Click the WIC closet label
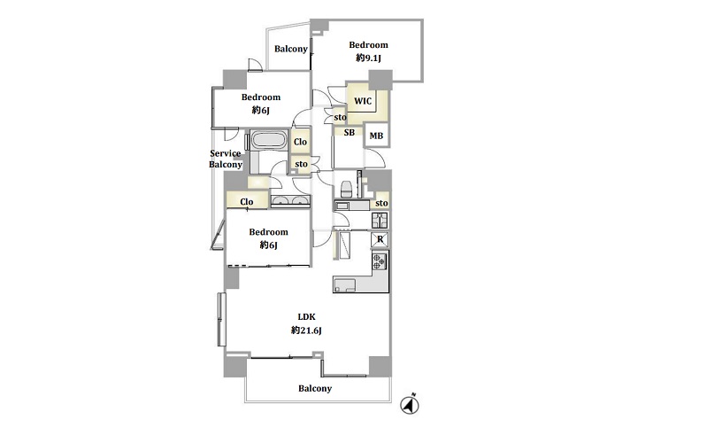click(x=363, y=101)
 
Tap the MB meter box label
click(x=376, y=136)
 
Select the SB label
click(x=349, y=132)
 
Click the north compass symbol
click(x=410, y=404)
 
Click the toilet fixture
click(x=346, y=189)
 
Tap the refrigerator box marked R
click(x=380, y=239)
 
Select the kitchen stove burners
click(x=380, y=261)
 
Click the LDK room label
click(x=307, y=316)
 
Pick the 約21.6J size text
click(x=307, y=330)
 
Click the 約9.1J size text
click(x=368, y=58)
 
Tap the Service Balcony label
click(x=226, y=159)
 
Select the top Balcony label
click(x=291, y=49)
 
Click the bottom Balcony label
click(x=315, y=388)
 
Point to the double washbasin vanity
click(x=290, y=201)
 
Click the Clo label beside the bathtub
click(x=300, y=142)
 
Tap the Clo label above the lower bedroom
click(x=247, y=201)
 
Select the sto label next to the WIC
click(x=340, y=118)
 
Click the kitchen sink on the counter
click(x=345, y=285)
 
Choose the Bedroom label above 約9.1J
click(x=368, y=44)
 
